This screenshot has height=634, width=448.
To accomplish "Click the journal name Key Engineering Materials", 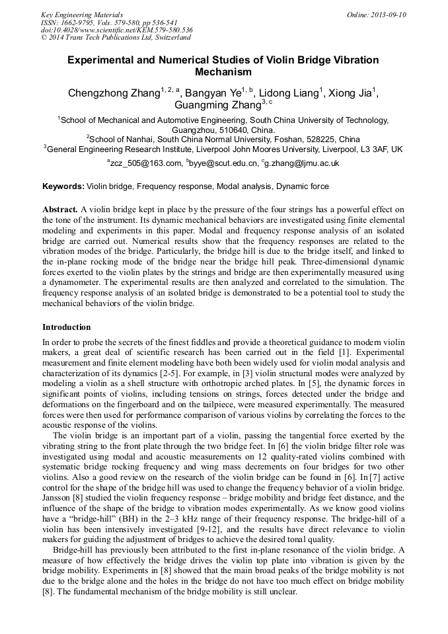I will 81,15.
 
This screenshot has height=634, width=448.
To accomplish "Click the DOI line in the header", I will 117,30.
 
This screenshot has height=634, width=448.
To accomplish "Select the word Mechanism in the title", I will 223,72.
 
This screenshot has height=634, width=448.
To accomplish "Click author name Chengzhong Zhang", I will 114,93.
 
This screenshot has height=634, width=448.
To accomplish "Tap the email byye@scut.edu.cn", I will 224,163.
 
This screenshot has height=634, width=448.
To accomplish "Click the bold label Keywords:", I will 63,188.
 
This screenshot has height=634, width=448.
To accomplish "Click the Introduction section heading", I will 67,327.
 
